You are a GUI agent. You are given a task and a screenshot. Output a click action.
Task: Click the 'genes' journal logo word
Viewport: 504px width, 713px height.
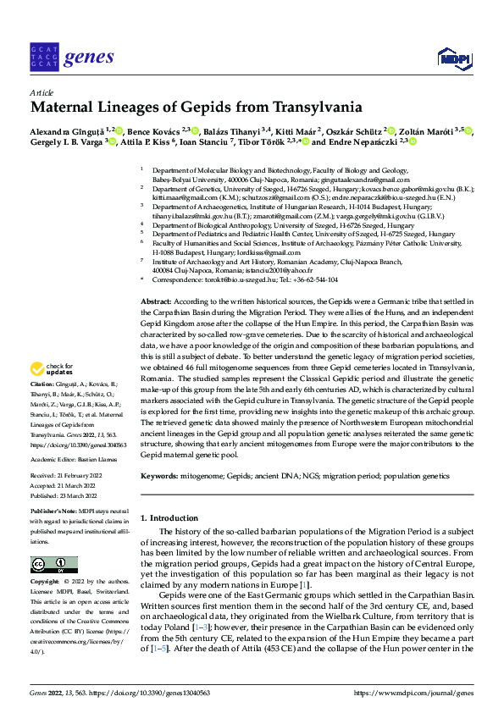coord(89,57)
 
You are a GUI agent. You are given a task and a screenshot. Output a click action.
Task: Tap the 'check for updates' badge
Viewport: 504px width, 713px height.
coord(53,370)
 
